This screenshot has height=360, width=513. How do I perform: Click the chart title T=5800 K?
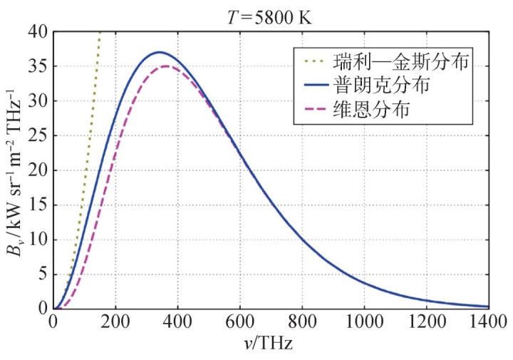[270, 13]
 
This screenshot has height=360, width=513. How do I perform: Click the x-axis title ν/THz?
[271, 342]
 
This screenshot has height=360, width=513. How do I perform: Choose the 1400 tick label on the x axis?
[489, 322]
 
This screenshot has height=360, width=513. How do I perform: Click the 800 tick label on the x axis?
[302, 322]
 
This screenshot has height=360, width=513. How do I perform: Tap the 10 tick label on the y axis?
[39, 240]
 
